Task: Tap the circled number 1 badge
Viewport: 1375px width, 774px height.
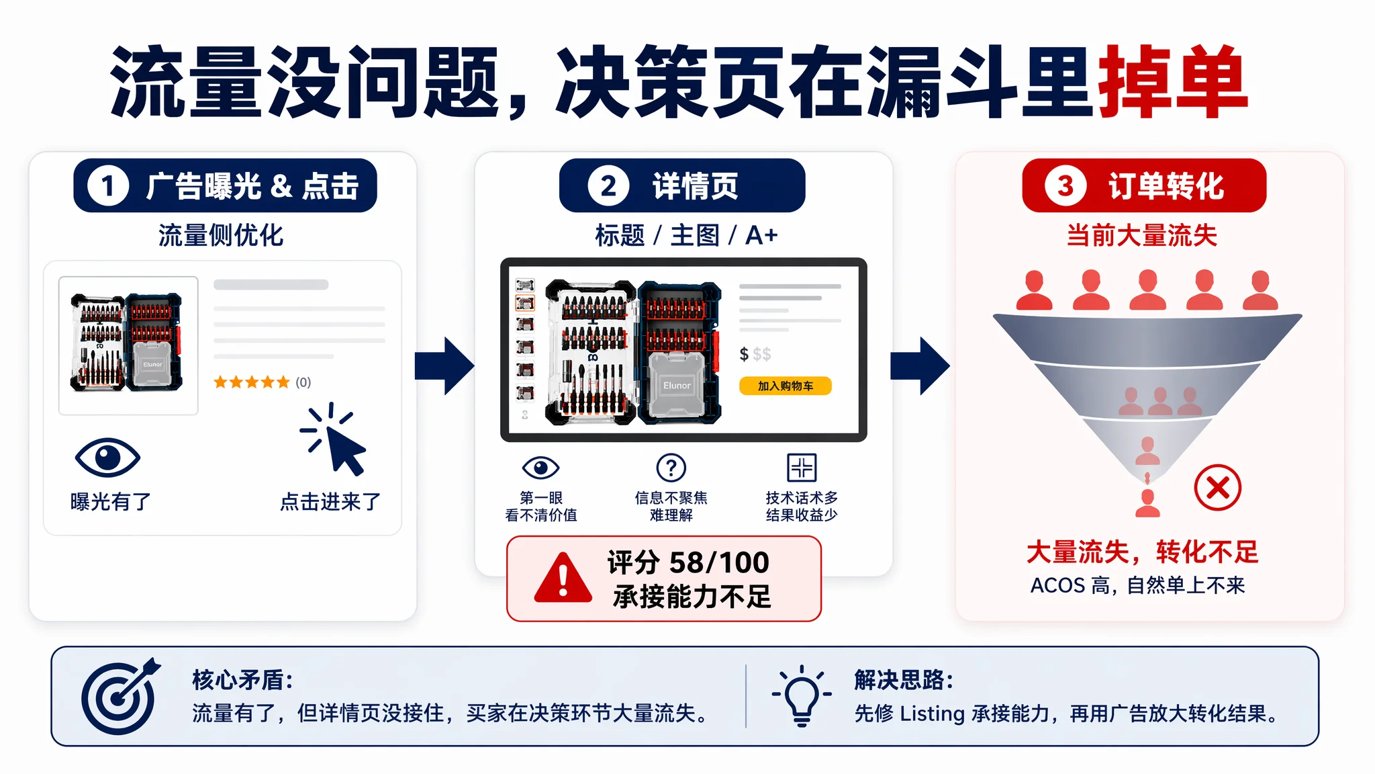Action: coord(107,186)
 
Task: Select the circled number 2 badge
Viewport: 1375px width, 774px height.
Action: coord(608,186)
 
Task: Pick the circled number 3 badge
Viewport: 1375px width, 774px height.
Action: coord(1065,186)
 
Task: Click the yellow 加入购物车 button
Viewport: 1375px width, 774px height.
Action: coord(786,386)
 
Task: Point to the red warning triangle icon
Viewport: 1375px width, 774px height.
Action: coord(563,577)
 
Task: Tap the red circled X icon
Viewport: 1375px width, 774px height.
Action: coord(1217,488)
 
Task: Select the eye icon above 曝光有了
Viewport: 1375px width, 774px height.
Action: coord(107,458)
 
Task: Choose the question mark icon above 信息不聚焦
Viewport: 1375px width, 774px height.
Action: coord(671,468)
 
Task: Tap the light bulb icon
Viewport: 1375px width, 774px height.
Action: coord(802,696)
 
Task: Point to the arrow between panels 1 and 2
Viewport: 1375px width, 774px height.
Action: coord(444,366)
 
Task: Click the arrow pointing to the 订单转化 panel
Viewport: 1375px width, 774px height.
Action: coord(920,366)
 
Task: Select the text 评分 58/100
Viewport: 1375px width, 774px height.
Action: coord(688,562)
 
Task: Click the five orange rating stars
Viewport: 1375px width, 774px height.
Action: coord(252,382)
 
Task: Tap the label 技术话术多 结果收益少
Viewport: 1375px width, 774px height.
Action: coord(802,506)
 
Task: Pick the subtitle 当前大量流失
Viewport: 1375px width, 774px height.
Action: coord(1142,235)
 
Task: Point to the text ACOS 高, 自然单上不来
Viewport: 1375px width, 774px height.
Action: coord(1137,585)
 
